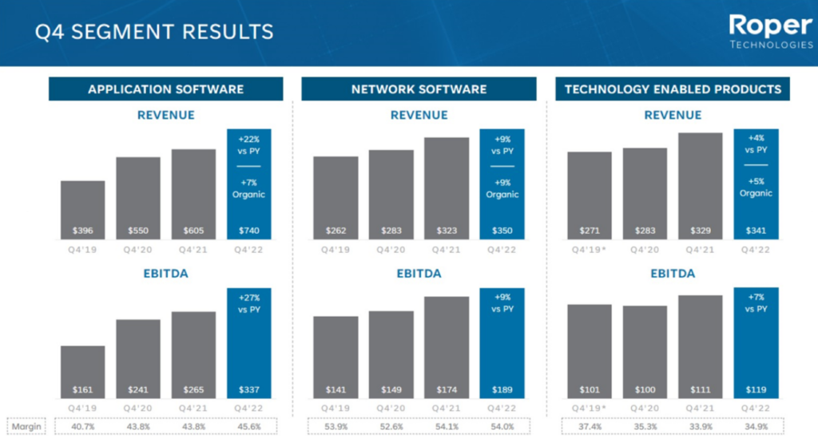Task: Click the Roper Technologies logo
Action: click(x=770, y=32)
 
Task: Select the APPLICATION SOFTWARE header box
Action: click(x=165, y=89)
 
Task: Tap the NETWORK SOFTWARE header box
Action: click(x=419, y=89)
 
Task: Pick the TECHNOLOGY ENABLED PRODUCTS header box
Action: click(x=673, y=89)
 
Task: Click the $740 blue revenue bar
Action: click(x=248, y=184)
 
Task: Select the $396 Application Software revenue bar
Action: click(x=82, y=209)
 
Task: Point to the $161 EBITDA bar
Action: click(x=82, y=372)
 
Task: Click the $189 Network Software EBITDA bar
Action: click(x=502, y=343)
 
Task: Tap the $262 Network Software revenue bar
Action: click(x=336, y=197)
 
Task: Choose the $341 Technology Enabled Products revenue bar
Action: click(x=756, y=184)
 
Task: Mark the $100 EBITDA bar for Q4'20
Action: click(x=645, y=352)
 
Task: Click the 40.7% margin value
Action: click(x=82, y=426)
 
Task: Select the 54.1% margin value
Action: click(x=447, y=426)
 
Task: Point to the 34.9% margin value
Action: click(x=756, y=426)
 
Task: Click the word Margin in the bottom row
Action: click(x=26, y=426)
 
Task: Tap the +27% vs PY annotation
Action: click(x=248, y=302)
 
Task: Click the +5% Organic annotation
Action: click(x=756, y=187)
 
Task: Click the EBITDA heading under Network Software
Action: click(x=419, y=274)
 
